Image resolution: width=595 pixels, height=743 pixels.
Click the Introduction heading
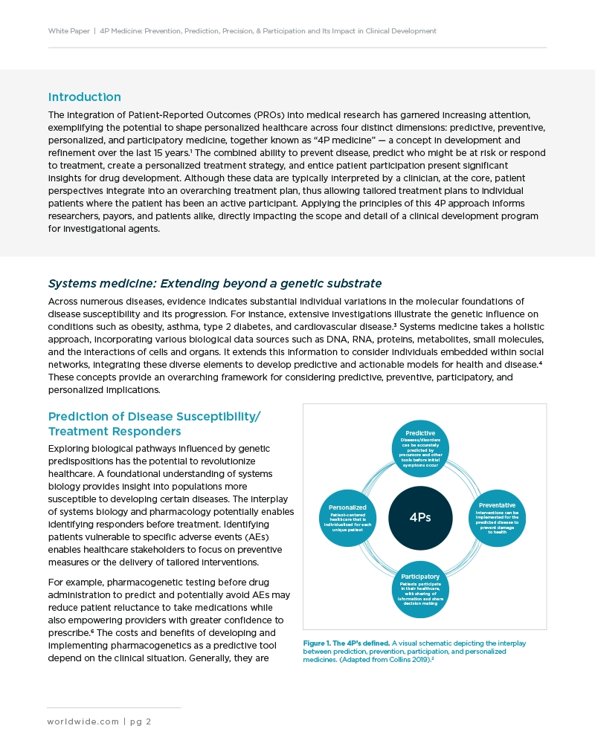pyautogui.click(x=84, y=97)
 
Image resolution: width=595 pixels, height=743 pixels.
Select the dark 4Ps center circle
pyautogui.click(x=420, y=517)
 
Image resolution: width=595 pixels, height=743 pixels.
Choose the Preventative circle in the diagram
pyautogui.click(x=497, y=517)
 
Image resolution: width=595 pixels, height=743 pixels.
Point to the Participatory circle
pyautogui.click(x=420, y=589)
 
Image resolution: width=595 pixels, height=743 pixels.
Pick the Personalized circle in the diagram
pyautogui.click(x=347, y=518)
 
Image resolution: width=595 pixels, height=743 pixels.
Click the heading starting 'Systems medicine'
pyautogui.click(x=214, y=283)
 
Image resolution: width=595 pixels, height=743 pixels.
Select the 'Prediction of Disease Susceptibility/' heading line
pyautogui.click(x=154, y=416)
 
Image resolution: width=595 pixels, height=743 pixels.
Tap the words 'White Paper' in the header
pyautogui.click(x=68, y=31)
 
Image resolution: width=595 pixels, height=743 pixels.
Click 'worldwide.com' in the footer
pyautogui.click(x=83, y=721)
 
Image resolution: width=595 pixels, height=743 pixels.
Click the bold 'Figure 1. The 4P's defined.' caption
pyautogui.click(x=346, y=643)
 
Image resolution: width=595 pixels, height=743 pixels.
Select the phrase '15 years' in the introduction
pyautogui.click(x=169, y=152)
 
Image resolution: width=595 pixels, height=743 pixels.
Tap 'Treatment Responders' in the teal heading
pyautogui.click(x=115, y=432)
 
